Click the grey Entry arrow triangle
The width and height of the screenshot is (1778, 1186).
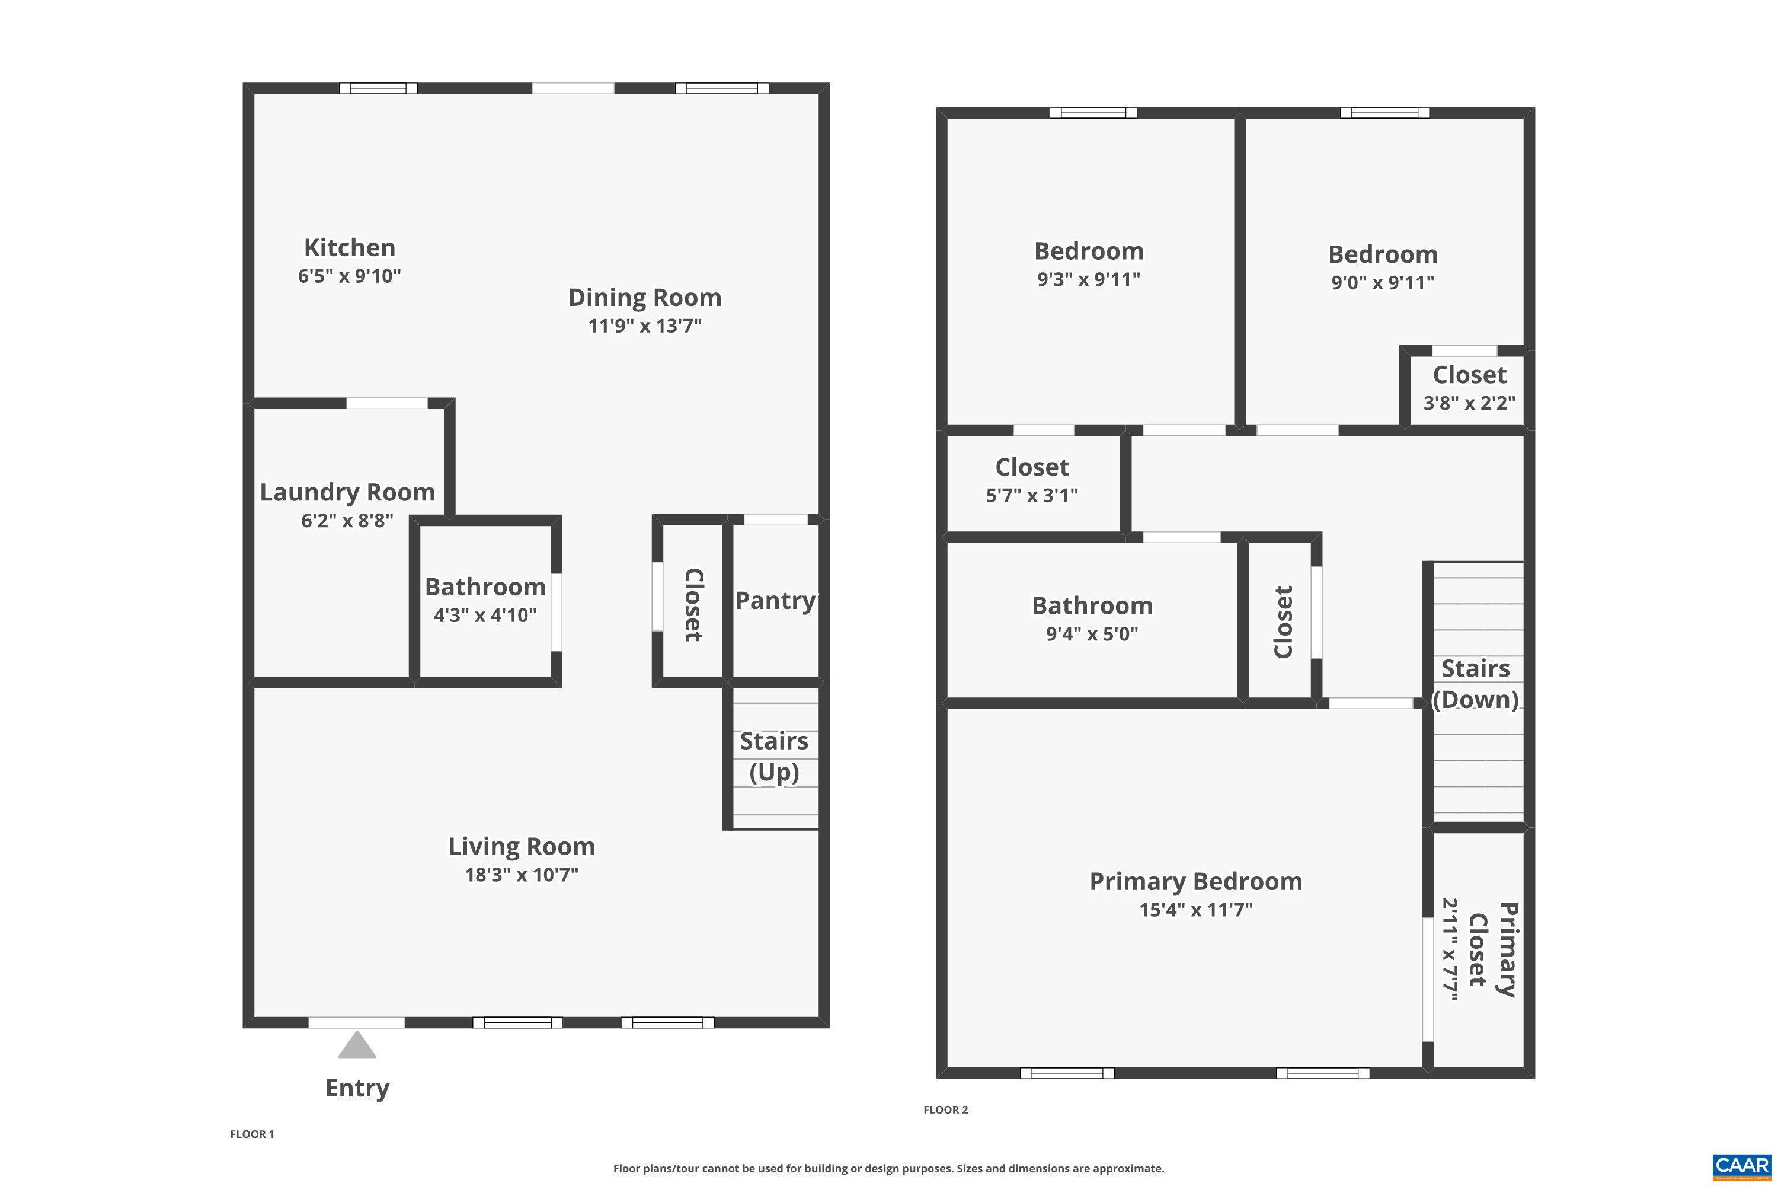[x=357, y=1046]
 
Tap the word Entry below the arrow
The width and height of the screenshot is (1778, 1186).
[x=357, y=1088]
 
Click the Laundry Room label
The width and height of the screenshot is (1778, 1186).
[x=347, y=492]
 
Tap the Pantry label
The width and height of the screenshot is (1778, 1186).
[x=775, y=601]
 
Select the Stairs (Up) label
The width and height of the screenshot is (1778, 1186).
[x=774, y=757]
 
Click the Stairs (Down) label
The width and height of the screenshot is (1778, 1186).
[x=1476, y=684]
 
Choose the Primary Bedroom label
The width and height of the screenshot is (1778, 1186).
[x=1196, y=881]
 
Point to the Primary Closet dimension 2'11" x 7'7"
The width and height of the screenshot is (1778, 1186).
[x=1450, y=949]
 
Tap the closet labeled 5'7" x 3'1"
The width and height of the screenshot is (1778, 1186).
[x=1032, y=480]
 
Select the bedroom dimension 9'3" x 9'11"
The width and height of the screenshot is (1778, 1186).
[x=1089, y=279]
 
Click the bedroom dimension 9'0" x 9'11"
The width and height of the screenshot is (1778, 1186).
[x=1383, y=282]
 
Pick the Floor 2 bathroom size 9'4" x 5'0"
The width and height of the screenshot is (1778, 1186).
[x=1092, y=633]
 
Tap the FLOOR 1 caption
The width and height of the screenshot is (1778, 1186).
[x=252, y=1134]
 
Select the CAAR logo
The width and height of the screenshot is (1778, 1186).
[x=1742, y=1166]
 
